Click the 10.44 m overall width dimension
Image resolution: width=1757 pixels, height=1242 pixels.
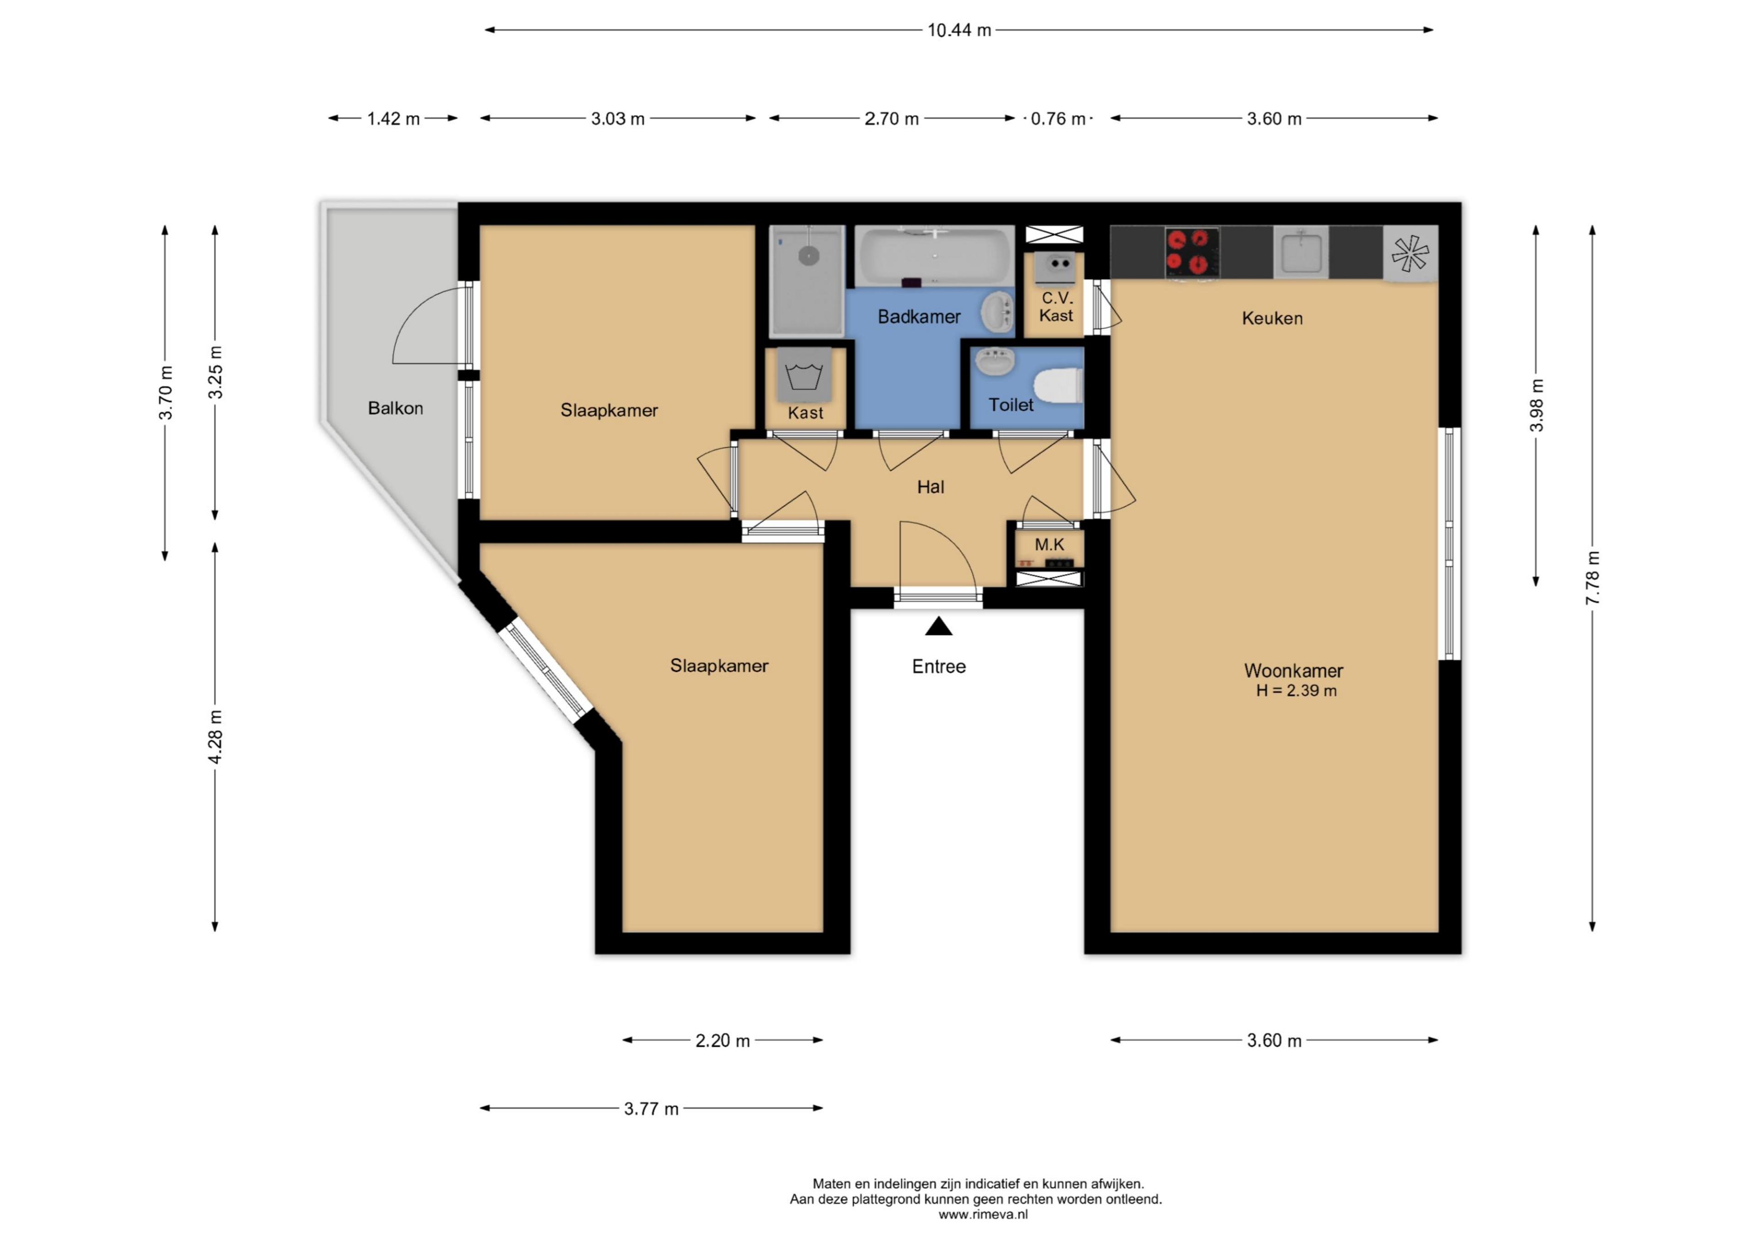click(x=959, y=30)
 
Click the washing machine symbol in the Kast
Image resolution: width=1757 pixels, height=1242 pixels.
click(x=804, y=375)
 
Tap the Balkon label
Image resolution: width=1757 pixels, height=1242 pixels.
click(x=396, y=408)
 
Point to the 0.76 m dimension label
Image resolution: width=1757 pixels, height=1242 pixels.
click(x=1058, y=118)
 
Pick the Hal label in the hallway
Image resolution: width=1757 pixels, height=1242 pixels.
click(x=931, y=487)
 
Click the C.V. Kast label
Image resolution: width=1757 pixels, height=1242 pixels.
click(x=1056, y=306)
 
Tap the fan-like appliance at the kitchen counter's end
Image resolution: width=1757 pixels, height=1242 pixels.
click(x=1410, y=253)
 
